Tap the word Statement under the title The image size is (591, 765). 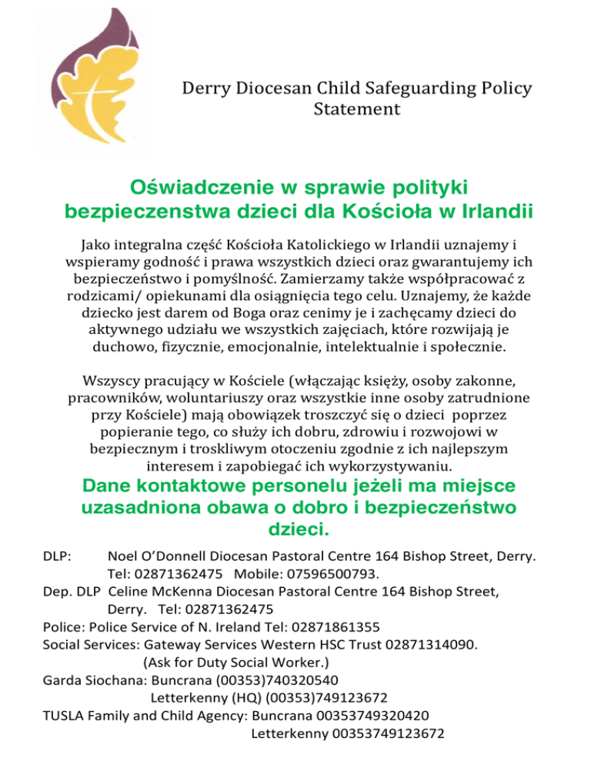point(357,110)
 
